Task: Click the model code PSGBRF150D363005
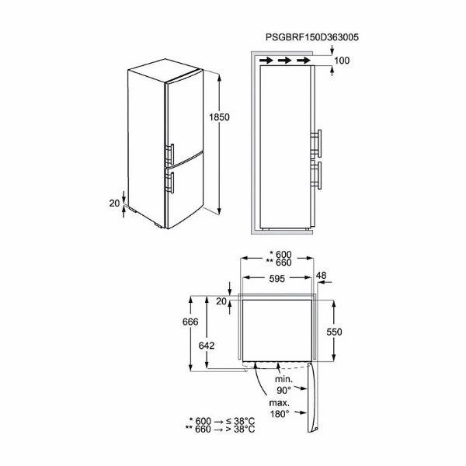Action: (312, 37)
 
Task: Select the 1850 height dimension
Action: (219, 117)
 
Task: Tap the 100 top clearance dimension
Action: (342, 61)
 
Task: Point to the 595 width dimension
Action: (277, 279)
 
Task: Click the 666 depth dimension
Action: (190, 322)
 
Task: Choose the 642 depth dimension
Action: (207, 346)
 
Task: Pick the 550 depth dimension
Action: (334, 332)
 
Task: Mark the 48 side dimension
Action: (321, 276)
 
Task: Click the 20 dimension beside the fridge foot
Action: (114, 203)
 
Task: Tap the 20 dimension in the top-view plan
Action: (221, 301)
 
